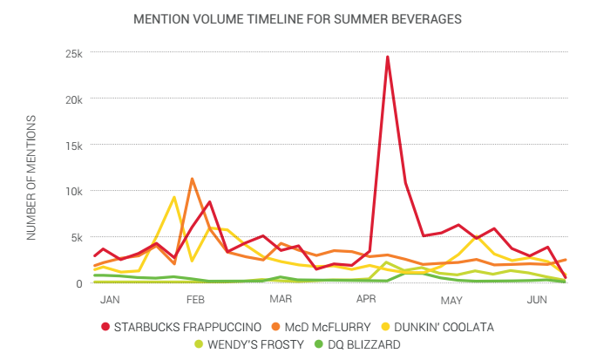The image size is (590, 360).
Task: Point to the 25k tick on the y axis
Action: coord(74,53)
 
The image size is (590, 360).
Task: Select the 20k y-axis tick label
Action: coord(74,99)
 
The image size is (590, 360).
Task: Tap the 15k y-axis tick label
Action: coord(74,146)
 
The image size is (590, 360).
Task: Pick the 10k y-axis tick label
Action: coord(74,192)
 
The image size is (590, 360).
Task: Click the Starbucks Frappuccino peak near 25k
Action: coord(387,58)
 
